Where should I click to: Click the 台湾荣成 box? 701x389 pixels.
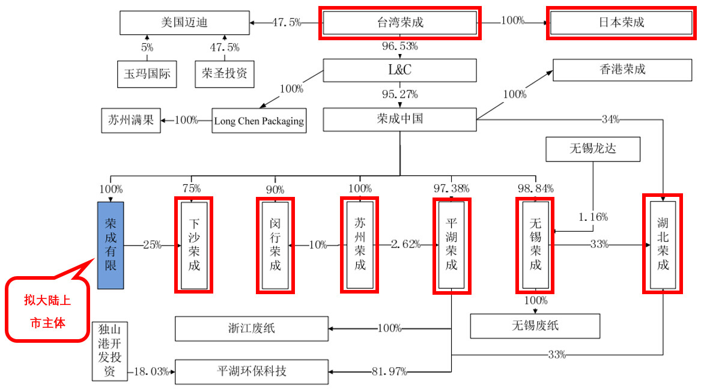point(399,23)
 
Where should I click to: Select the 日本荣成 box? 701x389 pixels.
point(621,23)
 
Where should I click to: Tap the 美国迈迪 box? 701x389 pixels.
point(184,23)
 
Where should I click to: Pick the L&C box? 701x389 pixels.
point(399,70)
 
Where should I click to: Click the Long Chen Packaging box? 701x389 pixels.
point(259,121)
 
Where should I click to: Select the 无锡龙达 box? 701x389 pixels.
point(592,148)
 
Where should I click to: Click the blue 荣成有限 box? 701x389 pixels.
point(111,244)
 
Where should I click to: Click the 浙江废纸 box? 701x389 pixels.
point(252,328)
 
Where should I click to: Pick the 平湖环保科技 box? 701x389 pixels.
point(252,371)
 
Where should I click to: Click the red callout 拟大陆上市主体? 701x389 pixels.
point(48,311)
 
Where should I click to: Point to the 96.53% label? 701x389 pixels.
point(399,46)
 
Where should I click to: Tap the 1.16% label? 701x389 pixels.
point(592,216)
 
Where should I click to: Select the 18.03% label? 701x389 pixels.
point(151,372)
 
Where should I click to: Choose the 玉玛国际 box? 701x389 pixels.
point(147,74)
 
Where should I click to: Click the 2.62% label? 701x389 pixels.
point(405,245)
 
